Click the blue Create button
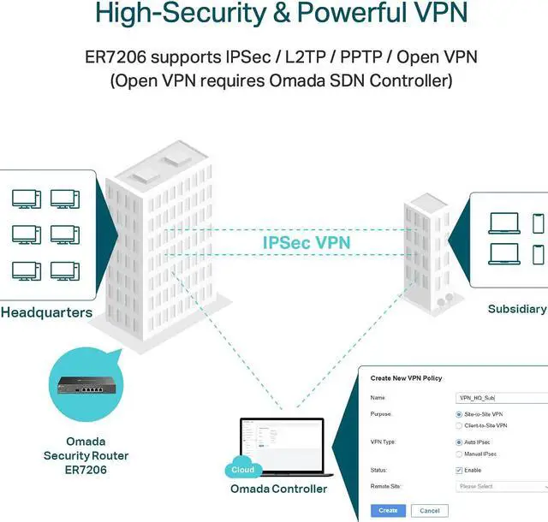pos(388,511)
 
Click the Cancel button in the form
pos(429,511)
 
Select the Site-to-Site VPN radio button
pos(459,414)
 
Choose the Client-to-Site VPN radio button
pos(459,425)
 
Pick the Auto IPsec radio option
pos(459,442)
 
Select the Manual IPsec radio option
pos(459,454)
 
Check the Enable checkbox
pos(459,471)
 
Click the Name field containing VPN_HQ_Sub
pos(501,398)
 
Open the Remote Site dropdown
pos(501,486)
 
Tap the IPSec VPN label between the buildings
pos(307,242)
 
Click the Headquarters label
pos(46,312)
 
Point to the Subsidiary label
pos(516,309)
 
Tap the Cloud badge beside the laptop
pos(242,470)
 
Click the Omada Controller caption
pos(278,489)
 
